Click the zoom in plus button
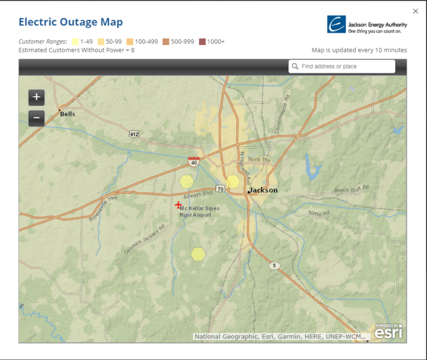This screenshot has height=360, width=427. (x=36, y=97)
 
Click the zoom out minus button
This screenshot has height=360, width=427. (x=36, y=118)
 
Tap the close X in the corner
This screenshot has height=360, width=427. (x=415, y=11)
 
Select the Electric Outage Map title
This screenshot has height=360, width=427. (x=71, y=22)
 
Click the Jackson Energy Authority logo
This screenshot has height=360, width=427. (x=367, y=24)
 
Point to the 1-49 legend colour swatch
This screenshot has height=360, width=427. (x=75, y=42)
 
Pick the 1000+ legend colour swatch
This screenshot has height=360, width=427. (x=202, y=42)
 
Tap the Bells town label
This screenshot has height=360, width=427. (x=68, y=114)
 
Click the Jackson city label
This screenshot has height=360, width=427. (x=264, y=190)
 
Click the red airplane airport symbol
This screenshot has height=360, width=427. (x=178, y=205)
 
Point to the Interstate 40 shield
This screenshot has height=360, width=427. (x=193, y=161)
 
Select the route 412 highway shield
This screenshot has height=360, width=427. (x=133, y=134)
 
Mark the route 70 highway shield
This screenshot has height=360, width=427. (x=221, y=190)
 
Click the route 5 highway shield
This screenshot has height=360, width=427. (x=274, y=266)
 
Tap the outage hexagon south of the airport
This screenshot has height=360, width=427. (x=198, y=254)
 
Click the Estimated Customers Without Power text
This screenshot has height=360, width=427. (x=76, y=50)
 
